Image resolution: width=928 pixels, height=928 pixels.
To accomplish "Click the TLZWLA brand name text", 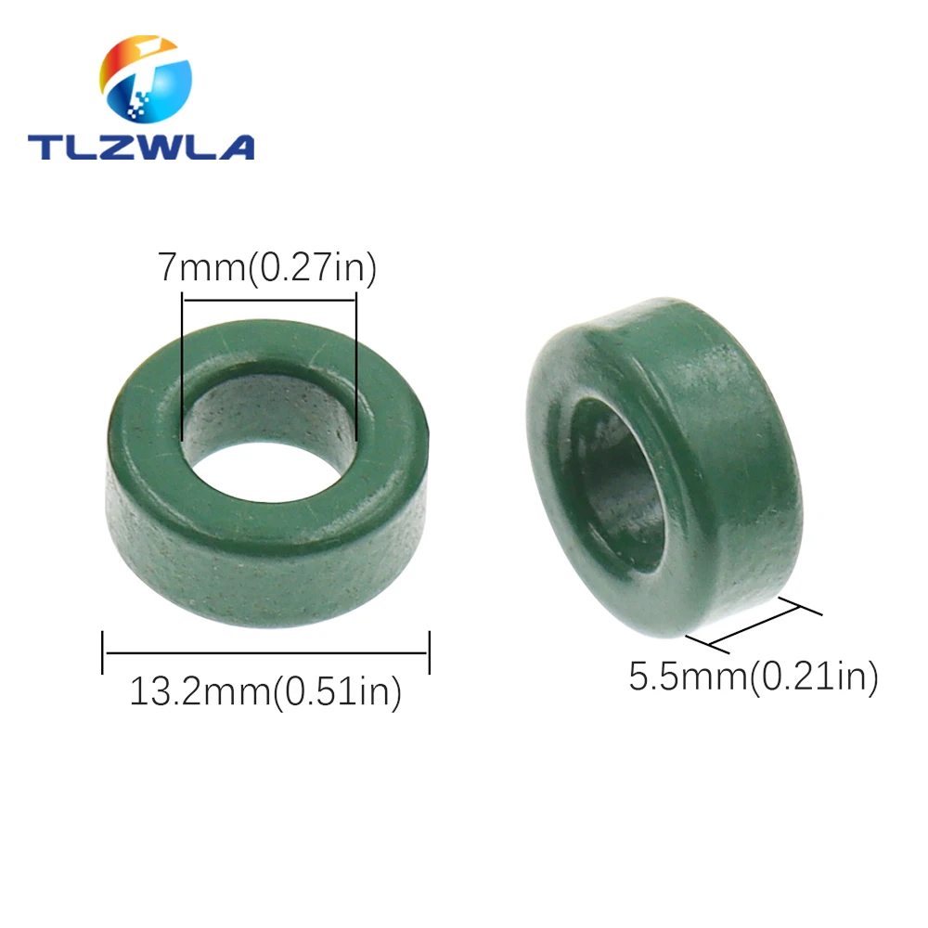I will click(140, 146).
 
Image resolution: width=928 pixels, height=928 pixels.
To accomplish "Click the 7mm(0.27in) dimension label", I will click(267, 268).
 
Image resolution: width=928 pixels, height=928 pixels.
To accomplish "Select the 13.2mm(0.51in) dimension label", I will click(265, 692).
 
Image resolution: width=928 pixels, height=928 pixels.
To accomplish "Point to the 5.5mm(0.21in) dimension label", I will click(753, 677).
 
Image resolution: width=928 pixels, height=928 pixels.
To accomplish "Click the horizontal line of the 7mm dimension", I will click(269, 298).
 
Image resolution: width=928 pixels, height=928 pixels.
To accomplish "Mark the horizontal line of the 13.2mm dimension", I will click(265, 652).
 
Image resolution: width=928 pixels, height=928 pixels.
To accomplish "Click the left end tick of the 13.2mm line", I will click(103, 652).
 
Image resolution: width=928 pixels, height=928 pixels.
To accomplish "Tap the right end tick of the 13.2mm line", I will click(429, 652).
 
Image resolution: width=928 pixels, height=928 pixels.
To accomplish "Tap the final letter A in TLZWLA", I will click(235, 146).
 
